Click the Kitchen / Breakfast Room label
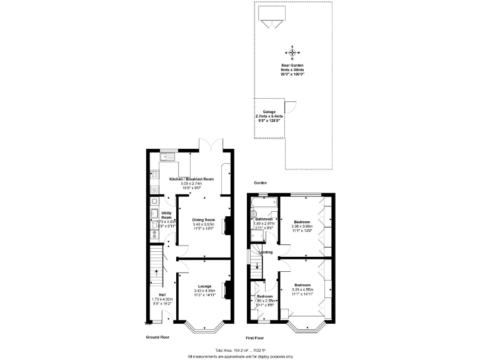pyautogui.click(x=191, y=179)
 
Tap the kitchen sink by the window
pyautogui.click(x=168, y=156)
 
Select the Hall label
pyautogui.click(x=162, y=294)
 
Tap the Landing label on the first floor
pyautogui.click(x=266, y=252)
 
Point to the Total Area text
pyautogui.click(x=241, y=350)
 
